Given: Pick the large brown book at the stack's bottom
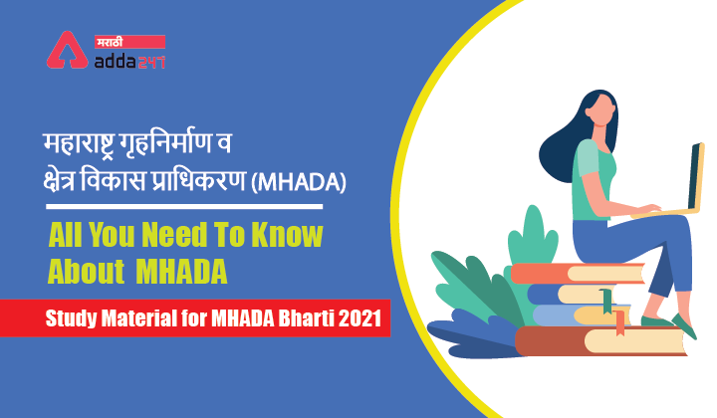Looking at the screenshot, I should click(597, 341).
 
